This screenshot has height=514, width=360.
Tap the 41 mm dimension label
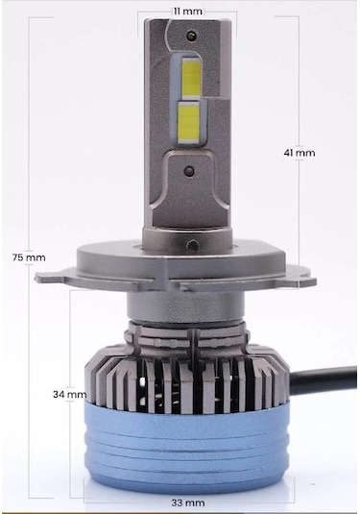300,152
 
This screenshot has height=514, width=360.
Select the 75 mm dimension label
29,257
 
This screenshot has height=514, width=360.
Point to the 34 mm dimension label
70,394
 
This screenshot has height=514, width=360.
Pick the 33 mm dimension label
189,502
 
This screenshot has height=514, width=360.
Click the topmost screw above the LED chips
192,36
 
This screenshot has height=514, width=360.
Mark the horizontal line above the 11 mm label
187,18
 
